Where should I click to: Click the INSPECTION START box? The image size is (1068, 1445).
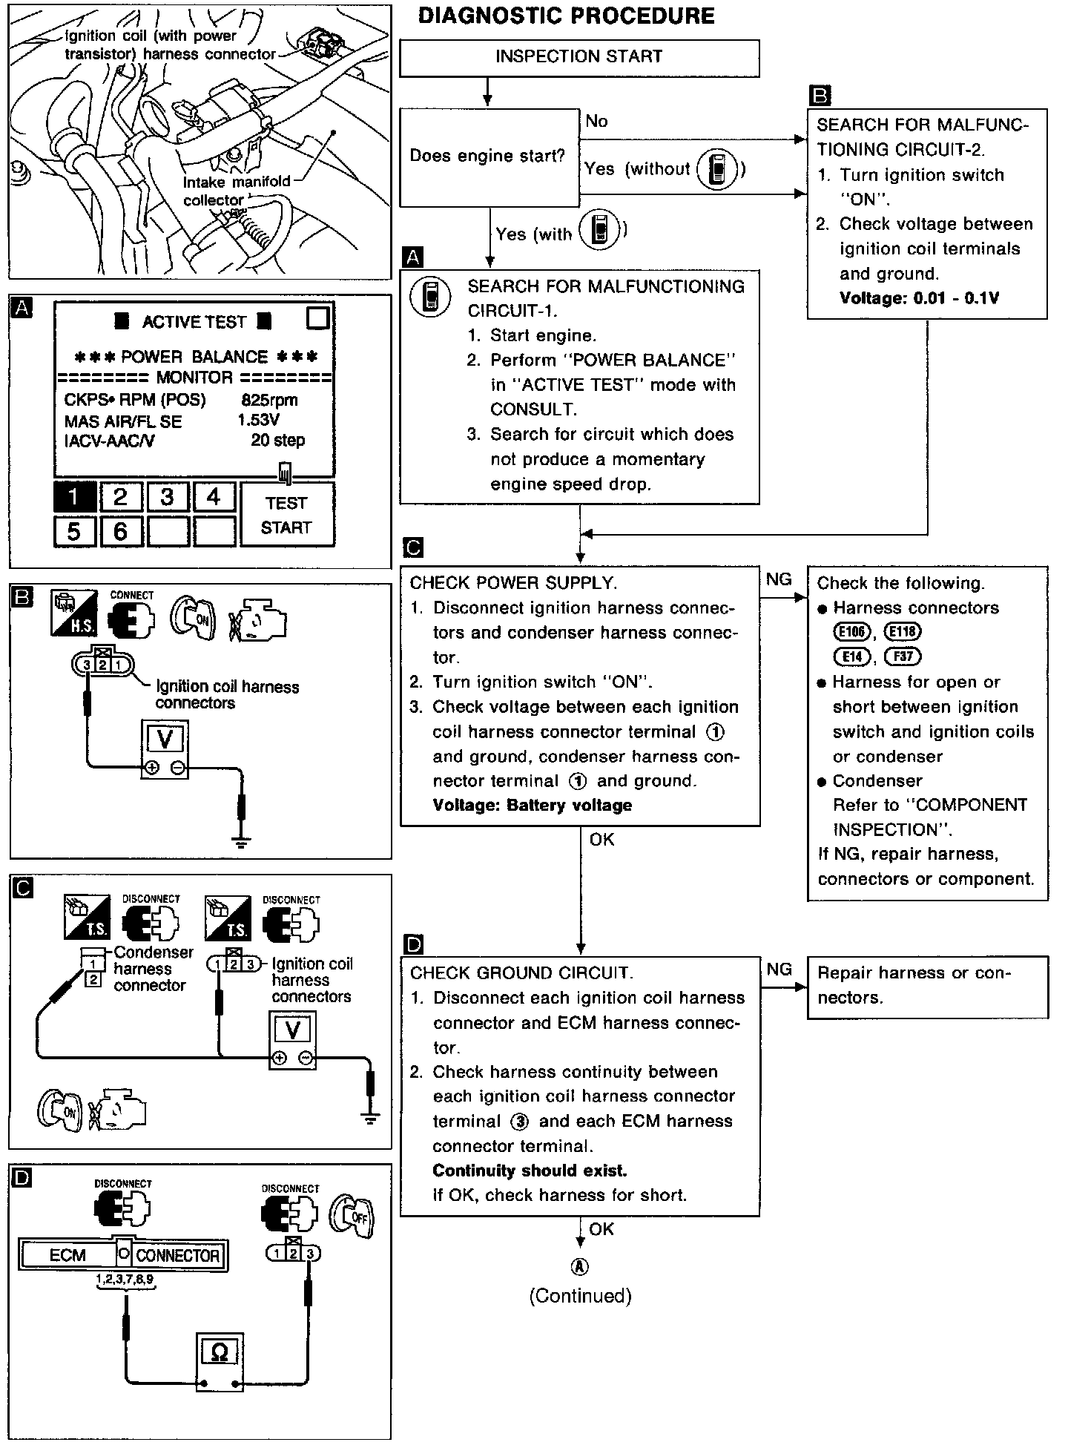(579, 58)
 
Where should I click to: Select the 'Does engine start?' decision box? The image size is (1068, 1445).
(488, 157)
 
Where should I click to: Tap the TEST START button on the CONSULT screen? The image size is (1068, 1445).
(287, 515)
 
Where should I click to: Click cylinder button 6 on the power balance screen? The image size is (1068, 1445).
(121, 530)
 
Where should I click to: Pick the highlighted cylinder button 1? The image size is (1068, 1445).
(74, 496)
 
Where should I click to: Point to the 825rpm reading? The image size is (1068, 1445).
(269, 400)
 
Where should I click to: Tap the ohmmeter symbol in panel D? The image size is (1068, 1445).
(220, 1352)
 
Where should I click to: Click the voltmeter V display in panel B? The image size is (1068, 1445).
(165, 740)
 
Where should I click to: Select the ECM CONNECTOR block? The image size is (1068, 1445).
(123, 1254)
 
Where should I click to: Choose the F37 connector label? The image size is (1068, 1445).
(903, 656)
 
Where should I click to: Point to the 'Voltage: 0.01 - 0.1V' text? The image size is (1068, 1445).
(919, 298)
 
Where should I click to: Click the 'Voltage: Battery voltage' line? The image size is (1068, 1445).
(532, 806)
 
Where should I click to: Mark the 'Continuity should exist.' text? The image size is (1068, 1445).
(530, 1171)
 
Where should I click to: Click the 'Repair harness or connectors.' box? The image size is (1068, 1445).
(927, 986)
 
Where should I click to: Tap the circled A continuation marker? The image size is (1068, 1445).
(580, 1266)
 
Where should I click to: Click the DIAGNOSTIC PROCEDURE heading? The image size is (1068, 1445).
(566, 16)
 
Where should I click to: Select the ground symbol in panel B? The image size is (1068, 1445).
(242, 841)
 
